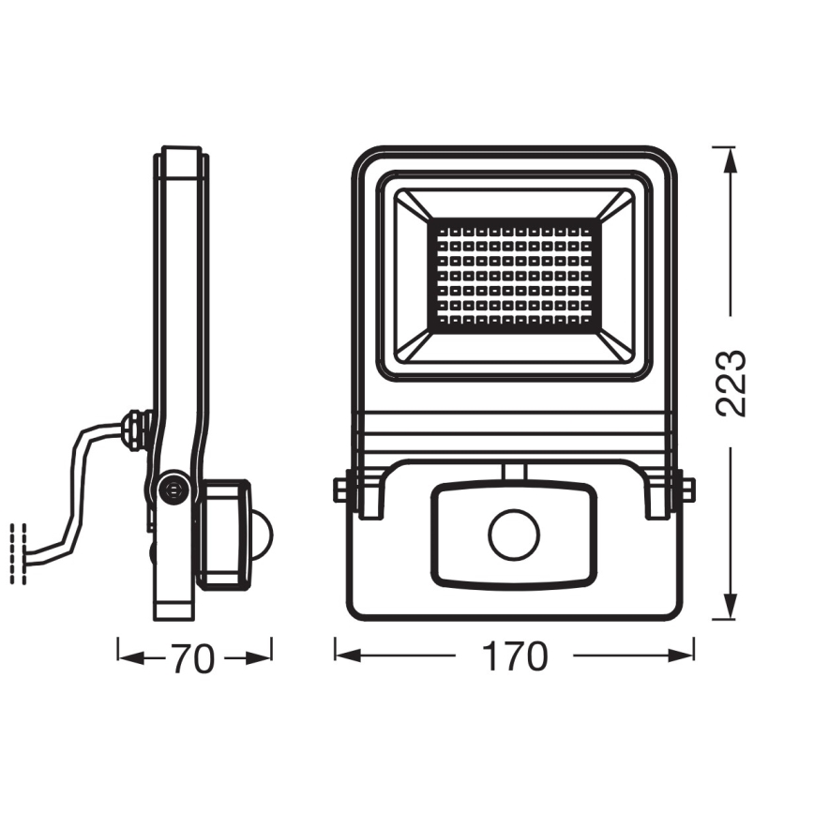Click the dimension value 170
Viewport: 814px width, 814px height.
(516, 657)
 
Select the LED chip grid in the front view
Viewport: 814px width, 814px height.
(515, 275)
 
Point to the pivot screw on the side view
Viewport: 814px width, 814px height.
(172, 489)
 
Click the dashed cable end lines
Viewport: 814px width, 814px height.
(16, 553)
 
